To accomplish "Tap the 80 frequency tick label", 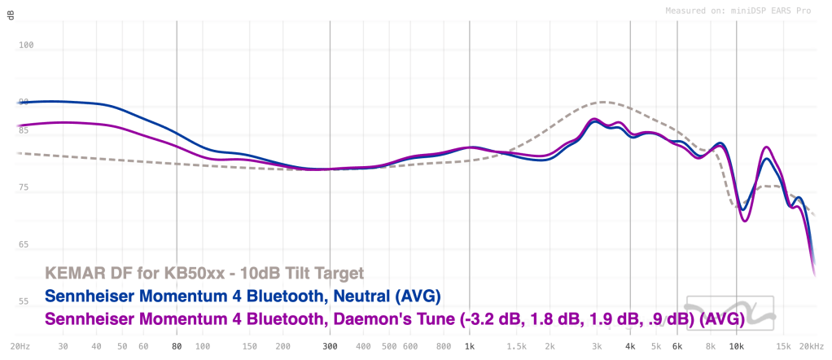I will [x=177, y=346].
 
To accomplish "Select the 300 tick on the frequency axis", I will [x=330, y=346].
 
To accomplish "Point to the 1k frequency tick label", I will [x=469, y=346].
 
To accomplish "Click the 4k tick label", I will [x=630, y=346].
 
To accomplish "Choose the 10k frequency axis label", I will [x=737, y=346].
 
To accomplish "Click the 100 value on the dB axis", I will [x=26, y=46].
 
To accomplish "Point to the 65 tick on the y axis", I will [x=24, y=245].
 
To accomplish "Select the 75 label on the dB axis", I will [x=24, y=188].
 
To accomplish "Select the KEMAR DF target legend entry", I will [x=204, y=272].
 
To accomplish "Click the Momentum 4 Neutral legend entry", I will [x=236, y=295].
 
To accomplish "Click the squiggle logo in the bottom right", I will [x=727, y=313].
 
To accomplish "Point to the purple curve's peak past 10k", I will [x=766, y=147].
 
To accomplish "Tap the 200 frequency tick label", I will [x=282, y=346].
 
